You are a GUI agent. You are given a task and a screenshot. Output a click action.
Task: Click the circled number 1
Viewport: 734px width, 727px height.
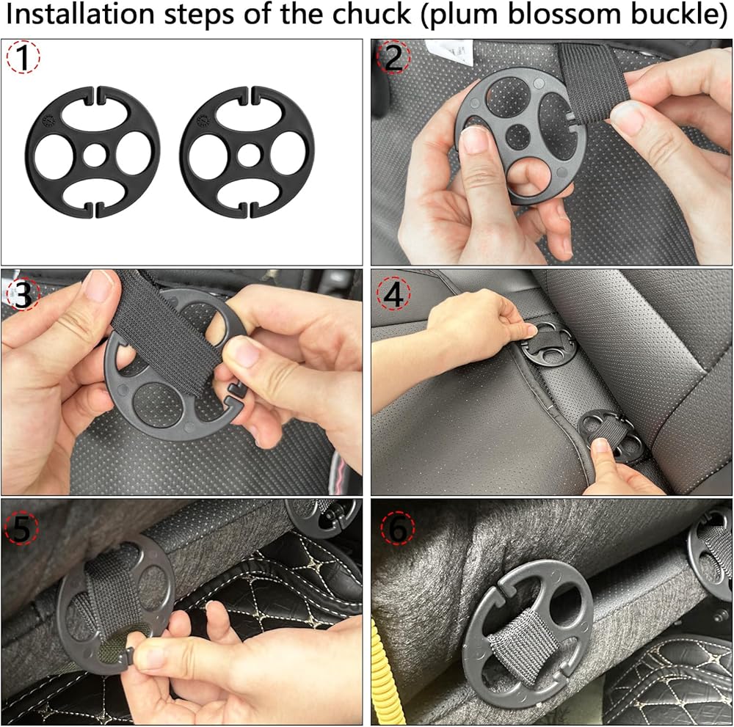(23, 57)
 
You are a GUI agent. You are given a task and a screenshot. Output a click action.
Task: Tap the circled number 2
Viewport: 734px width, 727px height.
(393, 57)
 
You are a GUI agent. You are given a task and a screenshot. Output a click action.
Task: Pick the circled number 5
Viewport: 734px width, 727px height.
(21, 527)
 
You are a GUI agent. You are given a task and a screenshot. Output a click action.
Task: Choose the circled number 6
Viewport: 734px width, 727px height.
(398, 527)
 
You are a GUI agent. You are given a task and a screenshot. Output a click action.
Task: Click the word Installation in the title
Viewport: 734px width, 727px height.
(79, 14)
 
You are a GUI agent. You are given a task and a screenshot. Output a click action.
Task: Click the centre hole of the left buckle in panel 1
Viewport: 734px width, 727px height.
(95, 155)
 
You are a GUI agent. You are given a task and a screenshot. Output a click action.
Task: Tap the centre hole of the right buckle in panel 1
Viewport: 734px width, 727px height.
(249, 155)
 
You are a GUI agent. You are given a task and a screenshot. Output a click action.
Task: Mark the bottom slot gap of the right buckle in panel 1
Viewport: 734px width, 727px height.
(248, 210)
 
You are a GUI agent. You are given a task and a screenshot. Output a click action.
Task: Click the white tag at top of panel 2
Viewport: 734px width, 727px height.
(448, 51)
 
